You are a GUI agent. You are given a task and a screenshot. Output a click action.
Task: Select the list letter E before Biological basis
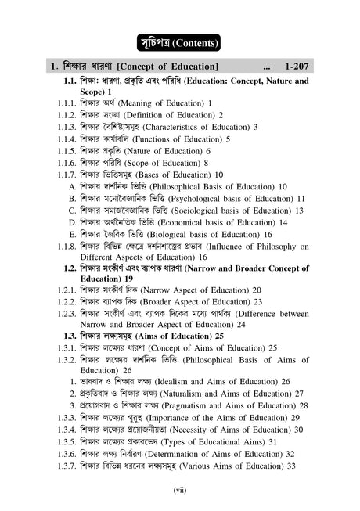pos(72,234)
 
